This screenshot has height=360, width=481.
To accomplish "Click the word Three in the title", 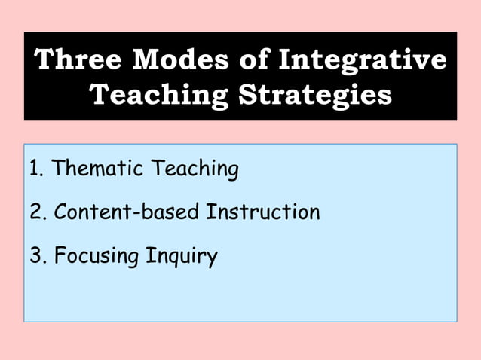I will coord(78,59).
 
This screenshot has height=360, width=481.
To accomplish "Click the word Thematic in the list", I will coord(100,169).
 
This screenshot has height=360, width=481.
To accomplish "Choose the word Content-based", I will coord(127,212).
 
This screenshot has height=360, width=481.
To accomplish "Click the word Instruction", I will coord(263,212).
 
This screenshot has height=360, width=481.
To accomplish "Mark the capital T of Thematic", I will coord(59,169).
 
